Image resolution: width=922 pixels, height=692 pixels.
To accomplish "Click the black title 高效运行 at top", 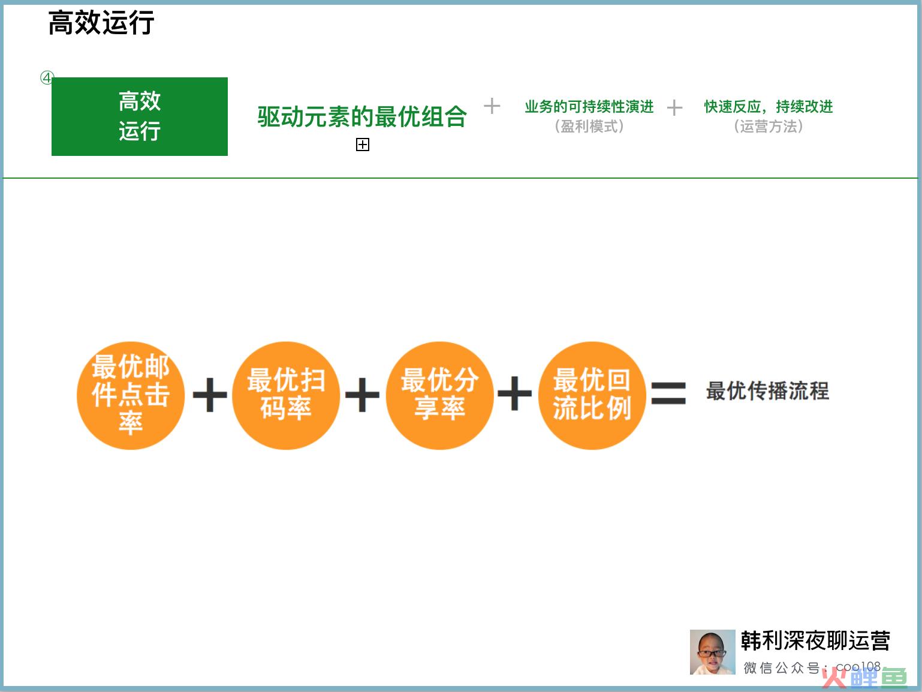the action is (x=101, y=23).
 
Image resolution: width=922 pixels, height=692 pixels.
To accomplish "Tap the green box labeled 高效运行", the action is (x=140, y=116).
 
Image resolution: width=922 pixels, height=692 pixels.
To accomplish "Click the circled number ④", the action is (x=47, y=78).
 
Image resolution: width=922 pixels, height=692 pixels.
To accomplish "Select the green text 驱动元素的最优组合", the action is (x=362, y=116).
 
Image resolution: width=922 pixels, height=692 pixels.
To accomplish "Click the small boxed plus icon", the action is (x=363, y=145).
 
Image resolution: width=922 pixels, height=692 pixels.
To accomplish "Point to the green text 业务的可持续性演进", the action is (x=589, y=107).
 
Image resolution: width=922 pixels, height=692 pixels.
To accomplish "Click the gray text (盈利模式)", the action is (x=589, y=126).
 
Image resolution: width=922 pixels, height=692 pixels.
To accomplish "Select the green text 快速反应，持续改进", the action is (x=769, y=107).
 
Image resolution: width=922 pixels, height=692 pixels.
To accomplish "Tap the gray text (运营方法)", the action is (x=769, y=126).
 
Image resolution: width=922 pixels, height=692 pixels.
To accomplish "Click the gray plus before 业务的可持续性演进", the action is (x=492, y=106).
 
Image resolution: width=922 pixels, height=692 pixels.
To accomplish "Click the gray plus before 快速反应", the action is (x=674, y=107).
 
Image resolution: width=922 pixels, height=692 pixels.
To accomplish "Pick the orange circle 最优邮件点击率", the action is (x=131, y=395).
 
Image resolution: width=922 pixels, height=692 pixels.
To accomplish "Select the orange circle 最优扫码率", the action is (x=286, y=395).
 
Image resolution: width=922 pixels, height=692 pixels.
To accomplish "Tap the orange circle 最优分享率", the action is (x=440, y=395).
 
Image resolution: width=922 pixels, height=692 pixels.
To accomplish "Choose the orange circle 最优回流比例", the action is (x=592, y=395).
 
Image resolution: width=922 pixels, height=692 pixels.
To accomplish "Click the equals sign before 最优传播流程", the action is (x=668, y=393).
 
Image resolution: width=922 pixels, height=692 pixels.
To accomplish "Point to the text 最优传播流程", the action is (x=767, y=391).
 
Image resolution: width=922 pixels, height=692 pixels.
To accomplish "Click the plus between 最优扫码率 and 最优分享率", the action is (x=362, y=395).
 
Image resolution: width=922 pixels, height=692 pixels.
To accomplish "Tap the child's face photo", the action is (x=712, y=652).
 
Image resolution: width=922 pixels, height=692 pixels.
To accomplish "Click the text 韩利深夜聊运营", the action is (x=815, y=641).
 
